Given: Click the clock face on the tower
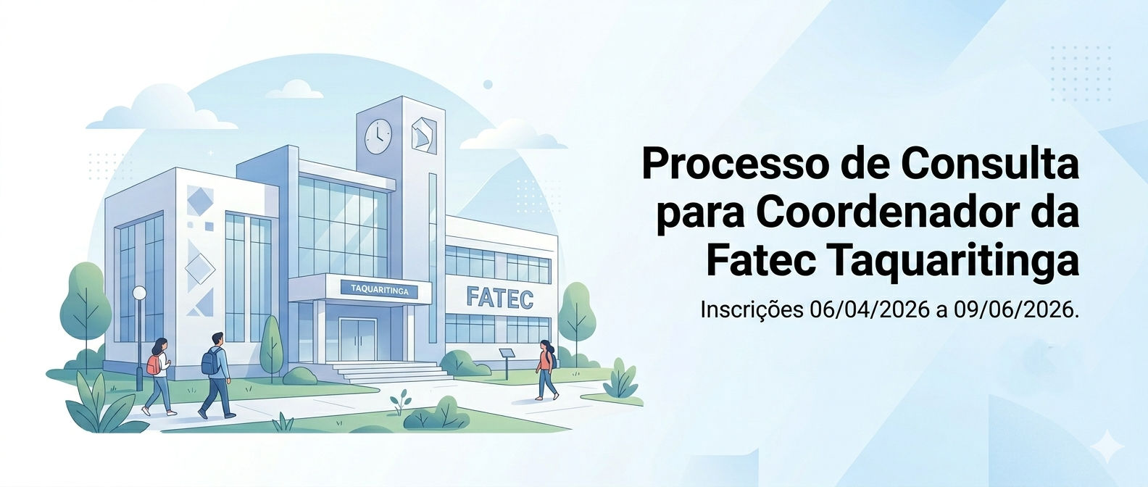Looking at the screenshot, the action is (378, 136).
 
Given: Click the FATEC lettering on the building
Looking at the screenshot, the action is (500, 298).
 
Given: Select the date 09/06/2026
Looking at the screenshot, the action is (1014, 310).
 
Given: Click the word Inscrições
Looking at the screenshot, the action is (752, 310).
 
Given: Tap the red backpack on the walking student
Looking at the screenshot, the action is (153, 365).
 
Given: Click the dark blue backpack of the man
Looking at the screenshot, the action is (210, 362).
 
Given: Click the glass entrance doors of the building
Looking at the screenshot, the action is (358, 340).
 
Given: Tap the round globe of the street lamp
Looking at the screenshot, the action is (139, 293).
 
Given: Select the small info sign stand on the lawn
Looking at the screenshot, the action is (507, 361).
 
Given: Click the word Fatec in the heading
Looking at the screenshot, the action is (760, 262).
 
